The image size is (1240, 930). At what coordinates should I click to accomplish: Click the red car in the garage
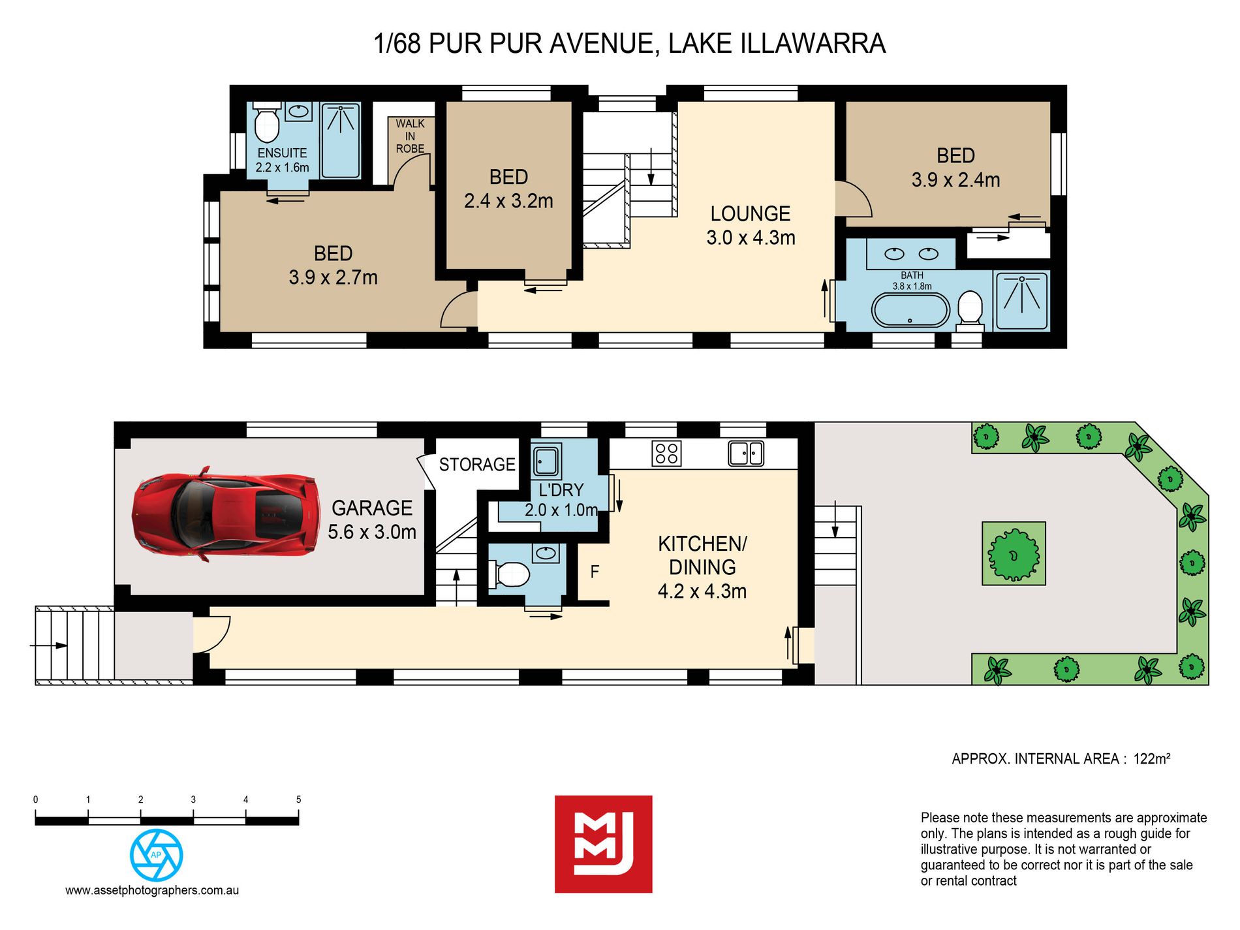226,514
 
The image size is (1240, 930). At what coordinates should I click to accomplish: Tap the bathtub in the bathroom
911,311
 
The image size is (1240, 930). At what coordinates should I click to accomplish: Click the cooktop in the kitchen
666,454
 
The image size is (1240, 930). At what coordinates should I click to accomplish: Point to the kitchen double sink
746,453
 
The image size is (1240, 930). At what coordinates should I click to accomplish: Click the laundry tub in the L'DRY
546,461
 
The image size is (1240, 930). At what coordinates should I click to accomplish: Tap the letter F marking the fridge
595,572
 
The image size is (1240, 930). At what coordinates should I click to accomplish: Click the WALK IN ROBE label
410,136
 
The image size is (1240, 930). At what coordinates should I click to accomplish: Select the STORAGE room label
477,465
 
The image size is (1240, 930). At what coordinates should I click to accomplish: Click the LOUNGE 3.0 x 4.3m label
751,226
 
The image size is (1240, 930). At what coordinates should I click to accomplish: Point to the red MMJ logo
604,844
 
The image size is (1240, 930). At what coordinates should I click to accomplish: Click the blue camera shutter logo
157,855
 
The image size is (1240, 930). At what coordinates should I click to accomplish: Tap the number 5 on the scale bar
298,799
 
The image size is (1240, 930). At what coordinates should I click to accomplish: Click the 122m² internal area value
1152,759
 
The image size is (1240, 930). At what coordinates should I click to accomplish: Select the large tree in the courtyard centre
1014,554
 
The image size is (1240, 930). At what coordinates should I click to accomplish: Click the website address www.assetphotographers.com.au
152,890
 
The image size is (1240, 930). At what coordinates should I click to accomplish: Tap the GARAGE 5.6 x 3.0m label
372,519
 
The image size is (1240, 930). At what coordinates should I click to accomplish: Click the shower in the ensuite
341,140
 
